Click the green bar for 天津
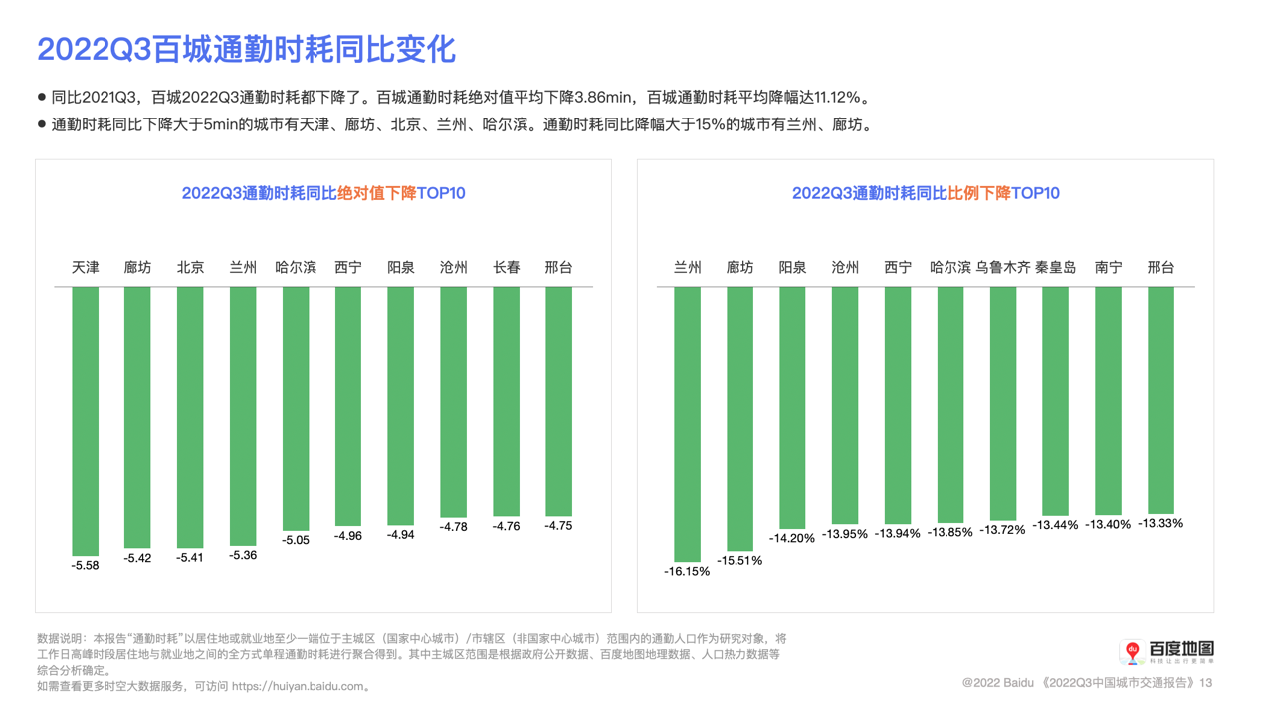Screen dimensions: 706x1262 [x=86, y=420]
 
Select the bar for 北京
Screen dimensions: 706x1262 [x=190, y=416]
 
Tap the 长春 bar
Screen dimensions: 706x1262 [x=506, y=400]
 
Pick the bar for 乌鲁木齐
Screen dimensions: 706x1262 [x=1002, y=402]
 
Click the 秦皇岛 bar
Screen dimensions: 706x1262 [x=1055, y=400]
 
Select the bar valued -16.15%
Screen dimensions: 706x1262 [x=687, y=424]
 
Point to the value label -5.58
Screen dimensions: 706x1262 [x=86, y=565]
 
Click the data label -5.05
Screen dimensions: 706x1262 [x=296, y=540]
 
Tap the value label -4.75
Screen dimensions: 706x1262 [x=558, y=526]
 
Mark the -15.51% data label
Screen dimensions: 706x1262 [x=739, y=561]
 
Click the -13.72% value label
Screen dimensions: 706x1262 [x=1002, y=530]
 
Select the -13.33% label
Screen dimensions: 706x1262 [x=1160, y=523]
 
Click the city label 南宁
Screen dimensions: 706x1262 [x=1108, y=268]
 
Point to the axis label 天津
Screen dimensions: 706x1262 [x=86, y=268]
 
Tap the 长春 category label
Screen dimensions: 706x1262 [x=506, y=268]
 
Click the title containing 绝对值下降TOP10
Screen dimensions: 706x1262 [x=323, y=193]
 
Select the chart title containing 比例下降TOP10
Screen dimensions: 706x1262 [x=926, y=193]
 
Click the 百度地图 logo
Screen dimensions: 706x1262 [x=1166, y=652]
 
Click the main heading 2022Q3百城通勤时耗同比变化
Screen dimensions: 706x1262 [x=246, y=49]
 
